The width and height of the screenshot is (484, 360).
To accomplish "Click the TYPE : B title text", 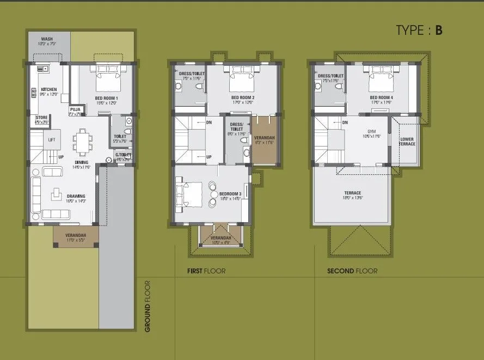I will (x=419, y=30).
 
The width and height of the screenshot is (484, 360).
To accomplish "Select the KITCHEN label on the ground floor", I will (x=49, y=89).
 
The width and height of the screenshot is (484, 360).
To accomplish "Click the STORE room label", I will (x=41, y=118).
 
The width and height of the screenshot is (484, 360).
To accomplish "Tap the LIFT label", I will (x=52, y=140).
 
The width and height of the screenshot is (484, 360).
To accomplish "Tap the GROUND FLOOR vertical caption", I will (x=148, y=306).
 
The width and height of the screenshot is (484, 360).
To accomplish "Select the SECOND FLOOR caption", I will (x=352, y=271).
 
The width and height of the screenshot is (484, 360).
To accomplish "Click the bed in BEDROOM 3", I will (x=188, y=193).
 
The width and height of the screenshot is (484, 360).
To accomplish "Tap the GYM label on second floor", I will (x=372, y=132).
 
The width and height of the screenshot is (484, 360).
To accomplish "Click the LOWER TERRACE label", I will (x=407, y=142).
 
